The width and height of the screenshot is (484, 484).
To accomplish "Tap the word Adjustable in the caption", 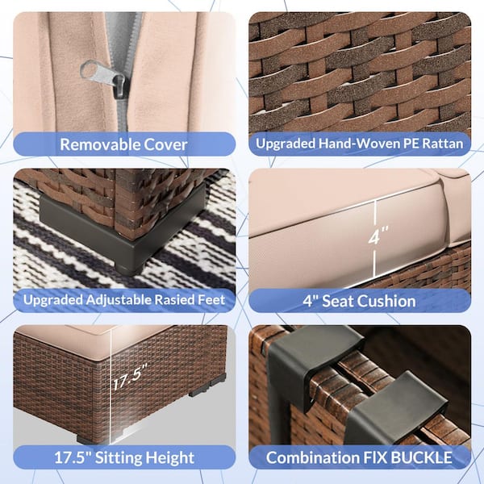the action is coord(119,300).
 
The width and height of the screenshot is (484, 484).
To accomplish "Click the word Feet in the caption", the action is coord(213,300).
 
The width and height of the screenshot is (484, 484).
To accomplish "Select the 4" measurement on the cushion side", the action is coord(378,236).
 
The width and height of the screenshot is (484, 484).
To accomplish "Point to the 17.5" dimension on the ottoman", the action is coord(130,376).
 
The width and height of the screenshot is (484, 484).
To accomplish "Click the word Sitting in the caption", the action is coord(118,457).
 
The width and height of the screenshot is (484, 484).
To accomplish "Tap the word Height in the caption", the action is coord(169,457).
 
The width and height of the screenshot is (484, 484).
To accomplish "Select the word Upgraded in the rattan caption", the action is coord(286,144).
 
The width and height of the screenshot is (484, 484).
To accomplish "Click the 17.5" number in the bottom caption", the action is coord(73,457).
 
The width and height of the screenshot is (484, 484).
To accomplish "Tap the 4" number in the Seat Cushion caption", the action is coord(311,301).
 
